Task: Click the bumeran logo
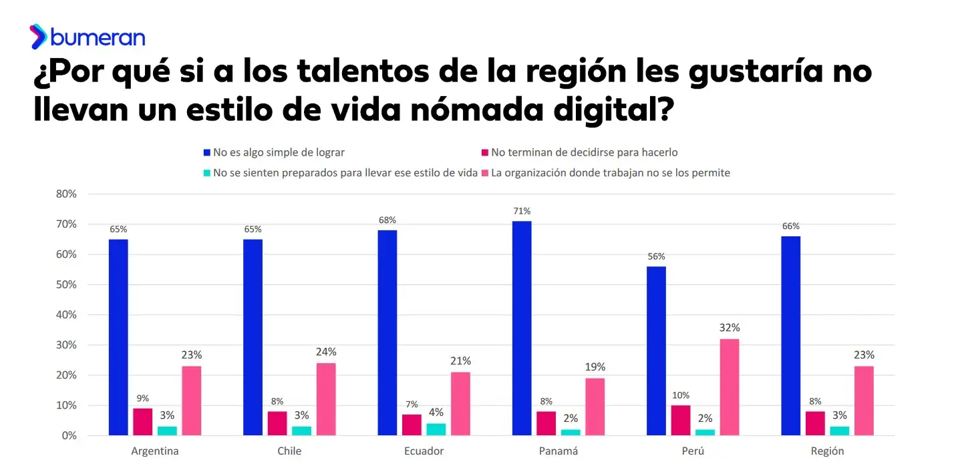click(87, 36)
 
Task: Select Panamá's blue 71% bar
click(522, 328)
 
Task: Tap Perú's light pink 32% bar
click(730, 387)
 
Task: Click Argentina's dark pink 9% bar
click(143, 422)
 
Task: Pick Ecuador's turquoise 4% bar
click(436, 429)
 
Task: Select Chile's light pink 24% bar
click(326, 399)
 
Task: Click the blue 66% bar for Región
click(790, 336)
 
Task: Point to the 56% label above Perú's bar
click(656, 256)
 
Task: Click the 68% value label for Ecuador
click(387, 220)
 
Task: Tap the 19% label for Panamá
click(595, 367)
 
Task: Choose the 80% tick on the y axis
click(66, 194)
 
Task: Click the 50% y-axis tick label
click(66, 285)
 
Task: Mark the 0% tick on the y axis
click(69, 436)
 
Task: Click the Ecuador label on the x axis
click(424, 451)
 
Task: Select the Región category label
click(827, 451)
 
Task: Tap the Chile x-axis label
click(289, 451)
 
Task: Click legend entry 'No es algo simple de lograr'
click(279, 152)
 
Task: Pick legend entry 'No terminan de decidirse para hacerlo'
click(585, 152)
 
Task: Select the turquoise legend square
click(207, 173)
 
